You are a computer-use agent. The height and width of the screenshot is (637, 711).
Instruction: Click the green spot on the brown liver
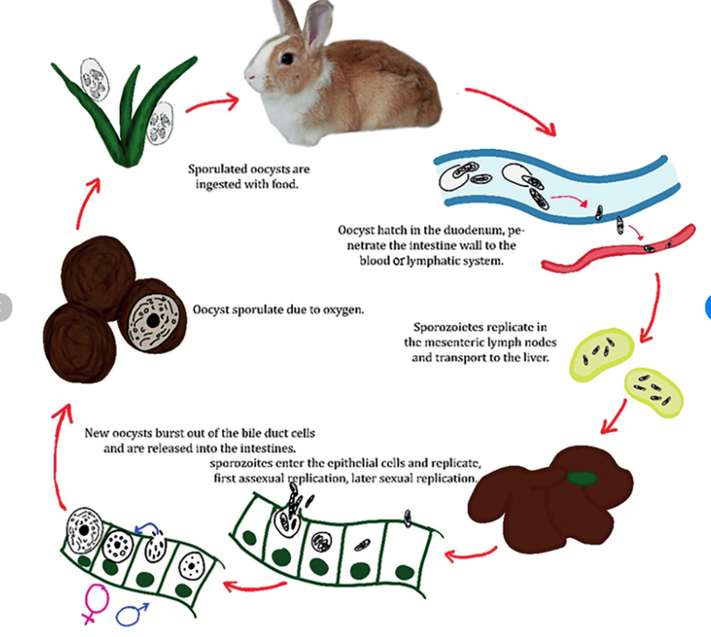pyautogui.click(x=584, y=477)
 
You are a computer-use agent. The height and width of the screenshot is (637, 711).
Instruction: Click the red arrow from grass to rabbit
pyautogui.click(x=212, y=103)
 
